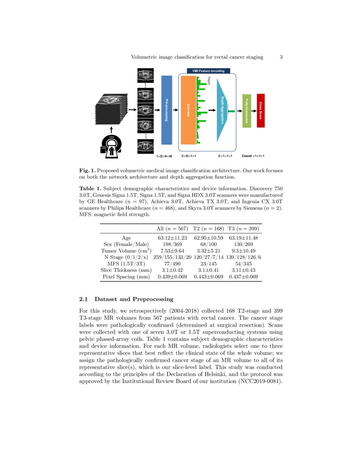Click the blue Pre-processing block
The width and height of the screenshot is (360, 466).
coord(167,110)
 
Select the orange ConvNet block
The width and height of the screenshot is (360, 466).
coord(188,110)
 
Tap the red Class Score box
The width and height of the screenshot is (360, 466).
coord(260,110)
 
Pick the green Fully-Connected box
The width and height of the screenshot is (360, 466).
coord(246,111)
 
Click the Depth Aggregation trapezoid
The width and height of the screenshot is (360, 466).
coord(222,110)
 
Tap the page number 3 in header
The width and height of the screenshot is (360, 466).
coord(281,57)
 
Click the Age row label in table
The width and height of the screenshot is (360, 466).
coord(126,238)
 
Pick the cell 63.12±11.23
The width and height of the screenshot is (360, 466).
coord(172,238)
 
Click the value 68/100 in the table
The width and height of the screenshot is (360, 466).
coord(208,244)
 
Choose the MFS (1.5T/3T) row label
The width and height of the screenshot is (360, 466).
coord(126,264)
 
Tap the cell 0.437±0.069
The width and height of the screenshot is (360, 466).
coord(244,276)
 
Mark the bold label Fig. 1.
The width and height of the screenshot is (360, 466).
coord(86,170)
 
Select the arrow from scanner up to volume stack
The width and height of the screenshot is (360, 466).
coord(111,129)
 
